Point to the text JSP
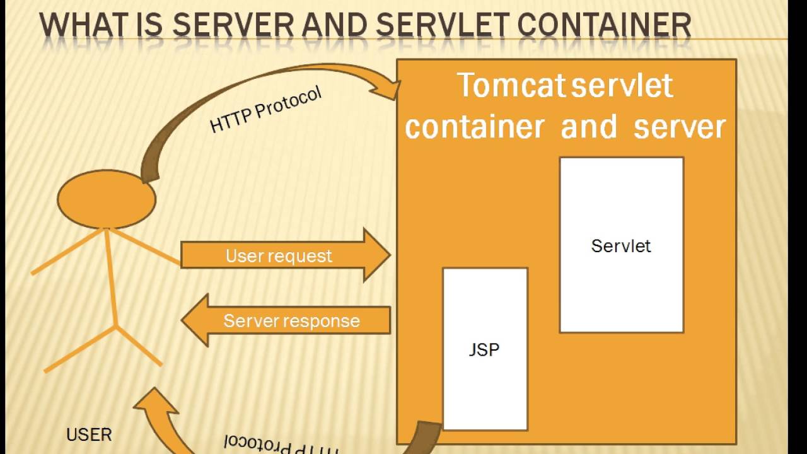484,350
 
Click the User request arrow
284,255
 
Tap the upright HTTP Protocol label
265,109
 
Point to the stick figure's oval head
107,199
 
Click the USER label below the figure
89,434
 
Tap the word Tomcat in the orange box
511,86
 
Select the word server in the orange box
680,127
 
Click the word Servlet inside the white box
621,245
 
